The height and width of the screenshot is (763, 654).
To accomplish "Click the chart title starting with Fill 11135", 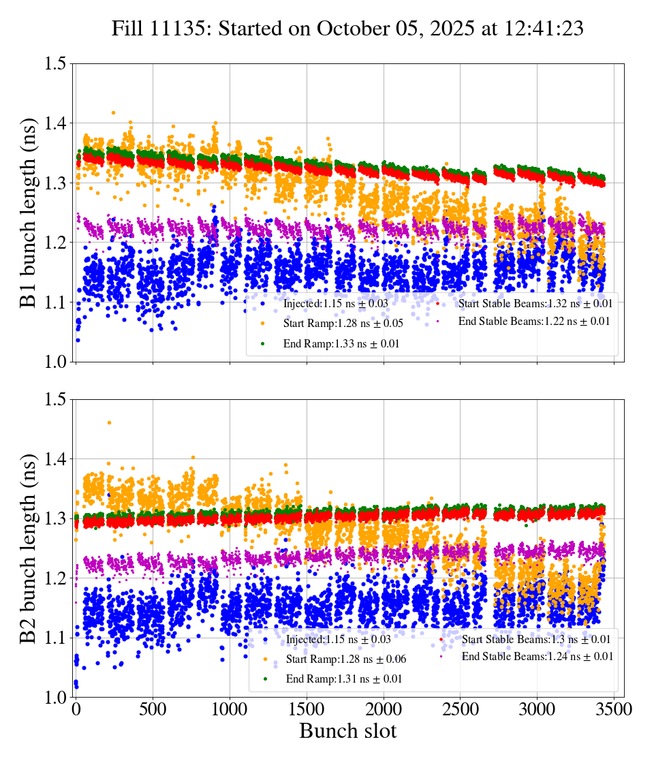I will tap(347, 29).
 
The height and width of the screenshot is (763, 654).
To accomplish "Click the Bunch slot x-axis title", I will tap(347, 732).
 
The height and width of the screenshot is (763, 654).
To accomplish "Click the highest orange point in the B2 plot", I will tap(109, 422).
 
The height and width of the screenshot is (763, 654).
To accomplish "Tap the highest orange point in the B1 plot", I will tap(113, 112).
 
